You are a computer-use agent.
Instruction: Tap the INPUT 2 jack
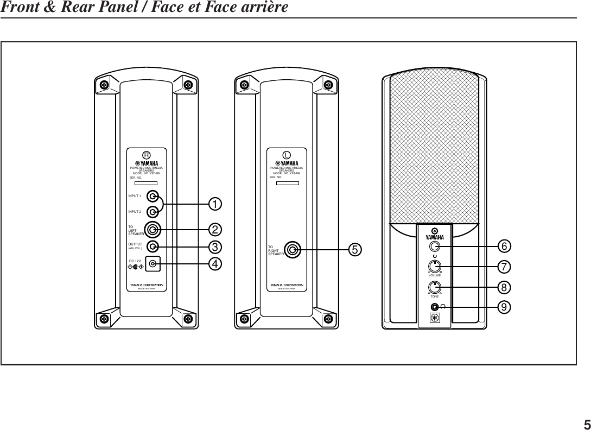point(153,211)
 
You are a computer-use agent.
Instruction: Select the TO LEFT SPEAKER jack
point(152,229)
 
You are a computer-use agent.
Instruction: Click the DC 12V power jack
point(153,264)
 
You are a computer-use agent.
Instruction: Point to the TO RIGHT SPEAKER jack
point(293,250)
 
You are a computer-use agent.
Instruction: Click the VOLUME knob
point(435,267)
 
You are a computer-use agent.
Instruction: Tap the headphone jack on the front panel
point(434,307)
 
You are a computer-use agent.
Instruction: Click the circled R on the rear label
point(145,154)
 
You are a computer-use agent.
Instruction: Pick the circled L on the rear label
point(286,155)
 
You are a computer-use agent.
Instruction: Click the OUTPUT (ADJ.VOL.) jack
point(153,246)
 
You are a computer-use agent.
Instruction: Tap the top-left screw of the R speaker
point(103,84)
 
